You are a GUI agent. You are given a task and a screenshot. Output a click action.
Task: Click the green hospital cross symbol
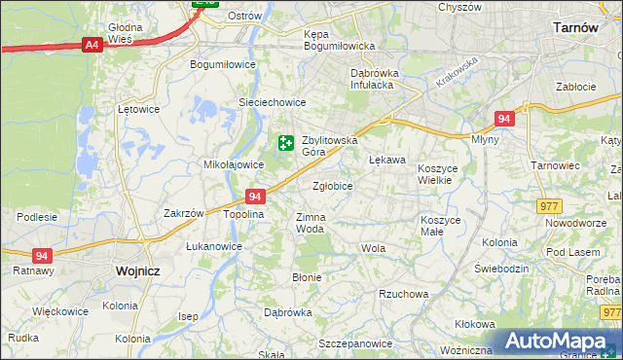click(285, 144)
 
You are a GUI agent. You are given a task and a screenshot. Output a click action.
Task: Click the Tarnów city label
click(574, 28)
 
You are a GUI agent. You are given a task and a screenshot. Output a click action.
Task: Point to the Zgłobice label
click(333, 186)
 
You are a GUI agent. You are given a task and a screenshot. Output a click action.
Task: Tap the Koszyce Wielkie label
click(444, 174)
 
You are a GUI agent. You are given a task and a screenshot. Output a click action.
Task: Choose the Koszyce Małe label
click(440, 226)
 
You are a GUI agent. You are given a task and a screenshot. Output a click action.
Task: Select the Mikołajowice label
click(227, 164)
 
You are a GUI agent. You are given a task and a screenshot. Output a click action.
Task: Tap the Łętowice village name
click(137, 109)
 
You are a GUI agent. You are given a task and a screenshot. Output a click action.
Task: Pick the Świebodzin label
click(500, 268)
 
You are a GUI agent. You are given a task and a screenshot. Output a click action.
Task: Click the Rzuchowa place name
click(403, 294)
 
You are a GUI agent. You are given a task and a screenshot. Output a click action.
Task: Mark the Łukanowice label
click(214, 246)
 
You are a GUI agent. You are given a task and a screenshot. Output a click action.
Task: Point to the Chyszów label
click(459, 7)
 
